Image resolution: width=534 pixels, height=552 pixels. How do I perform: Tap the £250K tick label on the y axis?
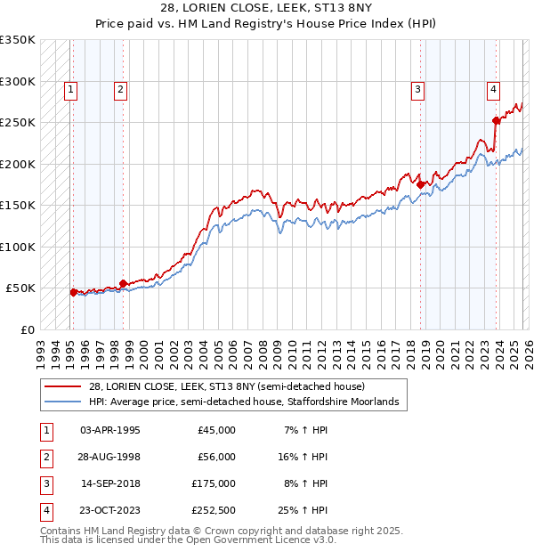point(18,123)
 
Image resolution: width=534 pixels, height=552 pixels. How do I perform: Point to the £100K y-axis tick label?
point(18,247)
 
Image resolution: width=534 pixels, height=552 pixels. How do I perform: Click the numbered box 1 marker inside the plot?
point(70,88)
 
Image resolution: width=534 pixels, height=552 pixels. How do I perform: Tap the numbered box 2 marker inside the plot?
point(120,88)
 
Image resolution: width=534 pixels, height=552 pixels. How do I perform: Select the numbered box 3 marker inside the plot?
point(417,88)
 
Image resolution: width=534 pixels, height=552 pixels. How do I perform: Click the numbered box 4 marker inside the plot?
point(492,88)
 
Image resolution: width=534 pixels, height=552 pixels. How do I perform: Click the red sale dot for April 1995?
point(73,291)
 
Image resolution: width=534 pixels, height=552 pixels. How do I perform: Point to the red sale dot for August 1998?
point(124,283)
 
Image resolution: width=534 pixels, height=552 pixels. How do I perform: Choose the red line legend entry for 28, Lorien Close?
point(222,386)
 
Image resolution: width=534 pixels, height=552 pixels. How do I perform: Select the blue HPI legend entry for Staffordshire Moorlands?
point(240,402)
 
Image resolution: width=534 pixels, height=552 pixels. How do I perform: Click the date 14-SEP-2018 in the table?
point(109,483)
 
